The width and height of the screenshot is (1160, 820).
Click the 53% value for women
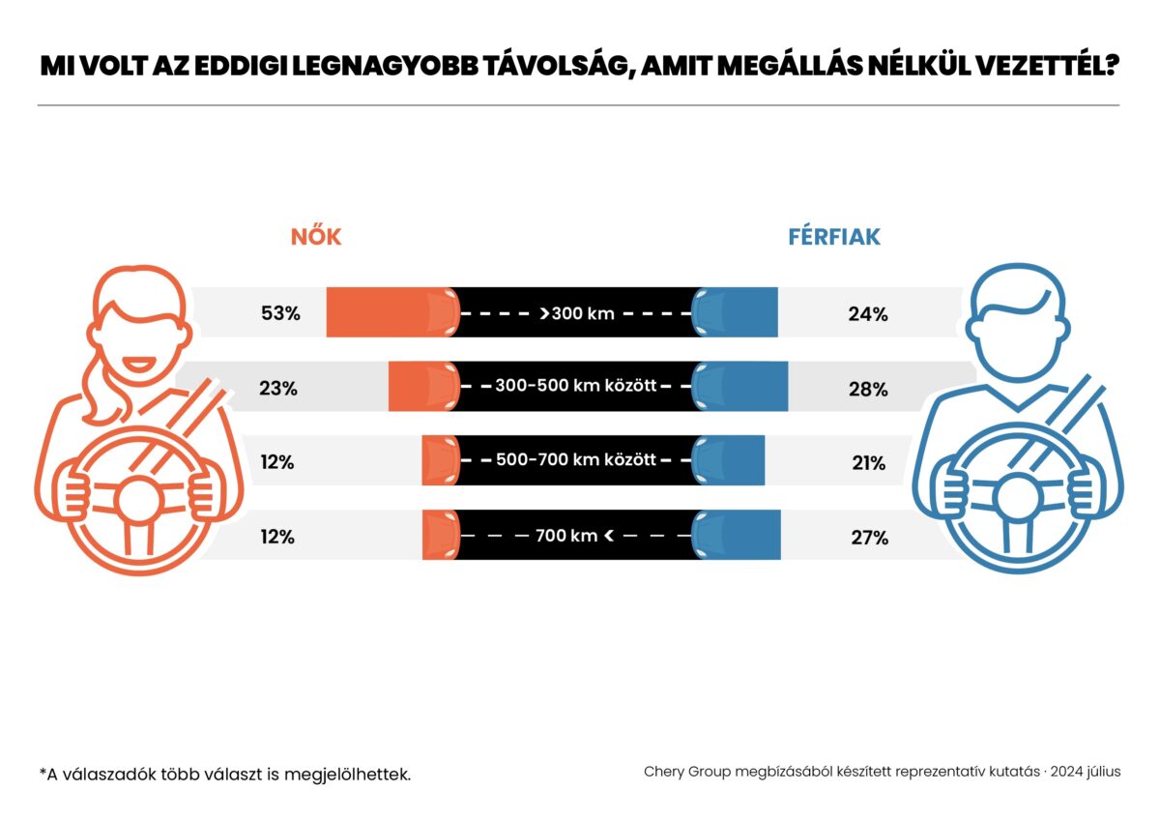click(281, 313)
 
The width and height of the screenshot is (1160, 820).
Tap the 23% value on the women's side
click(278, 389)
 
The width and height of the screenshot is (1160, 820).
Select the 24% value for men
click(868, 313)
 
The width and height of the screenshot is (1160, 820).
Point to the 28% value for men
click(868, 389)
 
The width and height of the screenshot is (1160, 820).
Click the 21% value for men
click(868, 463)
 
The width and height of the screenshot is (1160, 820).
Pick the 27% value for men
click(868, 538)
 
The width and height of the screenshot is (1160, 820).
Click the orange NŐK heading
click(316, 237)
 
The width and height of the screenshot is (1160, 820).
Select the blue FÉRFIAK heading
click(834, 237)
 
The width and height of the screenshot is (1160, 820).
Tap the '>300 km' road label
click(577, 313)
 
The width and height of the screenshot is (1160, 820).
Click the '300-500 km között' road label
click(576, 386)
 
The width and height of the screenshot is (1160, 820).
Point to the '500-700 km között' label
click(576, 459)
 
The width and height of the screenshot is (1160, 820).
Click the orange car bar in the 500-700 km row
click(439, 460)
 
